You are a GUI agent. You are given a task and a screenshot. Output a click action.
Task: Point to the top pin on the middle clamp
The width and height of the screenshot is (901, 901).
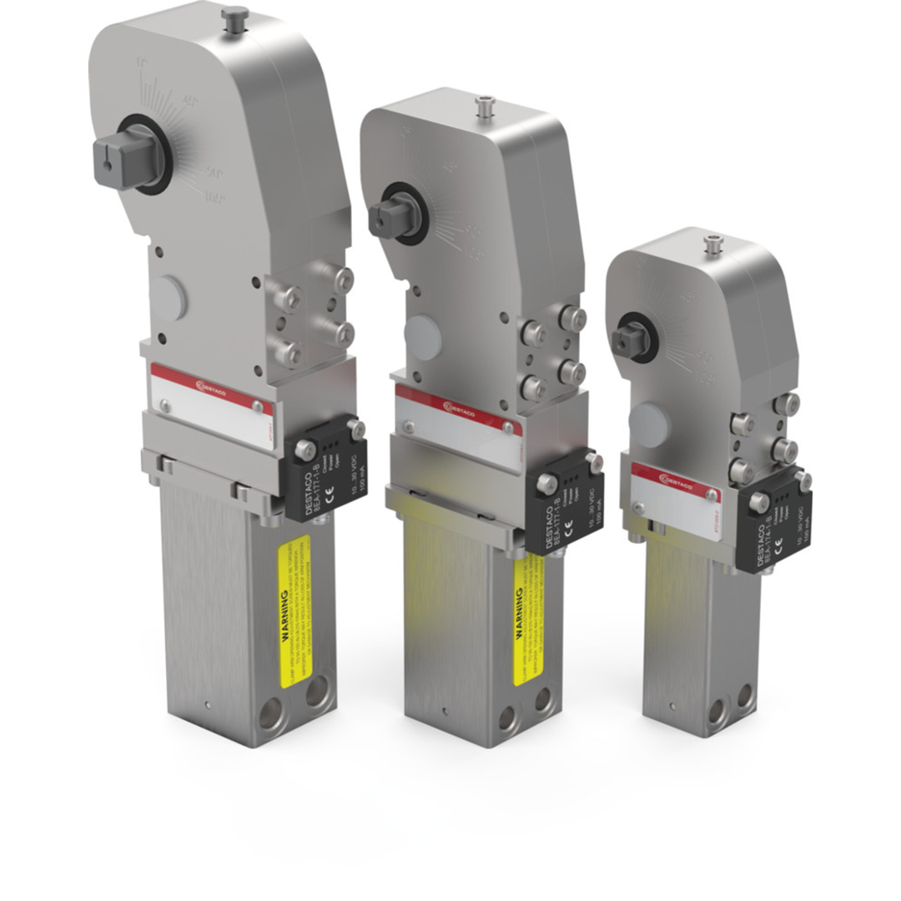click(484, 106)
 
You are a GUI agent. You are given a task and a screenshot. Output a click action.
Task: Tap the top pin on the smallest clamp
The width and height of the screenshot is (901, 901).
click(712, 244)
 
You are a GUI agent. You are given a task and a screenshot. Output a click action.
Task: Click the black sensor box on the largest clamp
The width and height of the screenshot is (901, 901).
click(325, 467)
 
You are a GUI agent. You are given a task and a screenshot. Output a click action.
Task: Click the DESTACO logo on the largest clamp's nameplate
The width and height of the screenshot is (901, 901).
click(212, 385)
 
